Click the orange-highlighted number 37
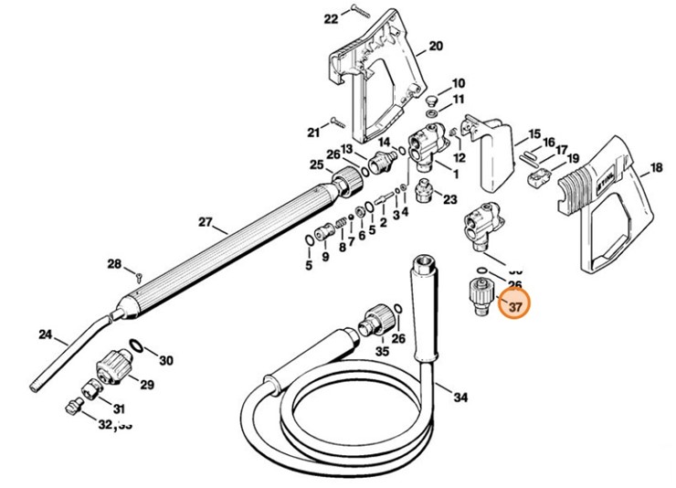[514, 307]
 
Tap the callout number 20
[435, 46]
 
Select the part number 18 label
[656, 168]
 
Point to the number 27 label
[204, 222]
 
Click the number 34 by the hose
[460, 397]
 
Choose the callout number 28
[114, 264]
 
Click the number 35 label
[382, 350]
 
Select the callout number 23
[450, 198]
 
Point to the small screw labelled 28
[136, 274]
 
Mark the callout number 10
[458, 82]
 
